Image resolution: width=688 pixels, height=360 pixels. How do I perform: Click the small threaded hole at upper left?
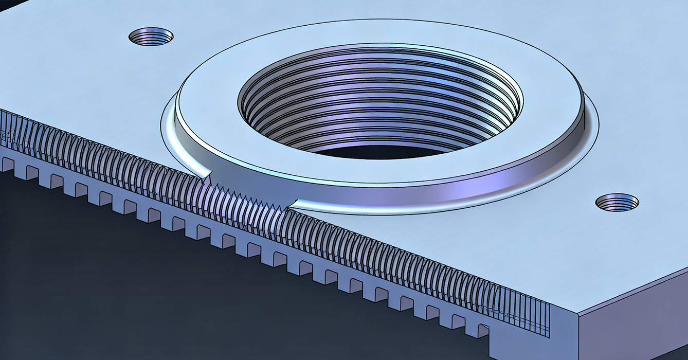tap(151, 37)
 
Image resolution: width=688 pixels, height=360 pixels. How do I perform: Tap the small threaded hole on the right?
tap(617, 202)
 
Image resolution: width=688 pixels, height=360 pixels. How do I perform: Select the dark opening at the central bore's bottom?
tap(381, 151)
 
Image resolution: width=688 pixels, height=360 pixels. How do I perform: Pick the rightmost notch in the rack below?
tap(482, 330)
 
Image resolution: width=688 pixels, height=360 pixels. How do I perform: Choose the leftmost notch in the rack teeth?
tap(7, 164)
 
